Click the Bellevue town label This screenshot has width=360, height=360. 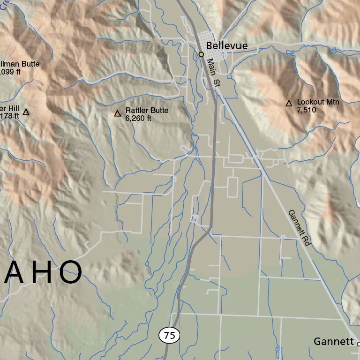226,46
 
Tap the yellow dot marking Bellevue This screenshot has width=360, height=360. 201,54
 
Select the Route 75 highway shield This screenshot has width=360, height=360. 169,335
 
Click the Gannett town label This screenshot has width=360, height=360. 333,342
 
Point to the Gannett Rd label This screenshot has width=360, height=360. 300,228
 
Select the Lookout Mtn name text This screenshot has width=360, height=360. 318,102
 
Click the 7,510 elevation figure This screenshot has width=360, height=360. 307,110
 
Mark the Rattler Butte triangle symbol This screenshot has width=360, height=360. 118,113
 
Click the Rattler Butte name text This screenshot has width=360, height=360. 146,111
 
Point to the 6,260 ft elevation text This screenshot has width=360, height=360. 138,119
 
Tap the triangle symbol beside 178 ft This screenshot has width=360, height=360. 26,112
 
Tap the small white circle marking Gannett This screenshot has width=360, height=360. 359,344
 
